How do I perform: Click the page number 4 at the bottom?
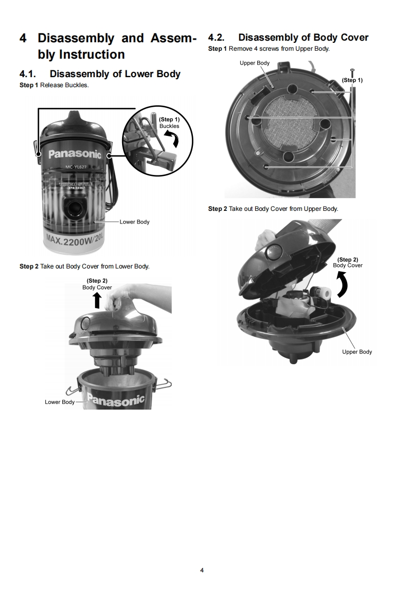point(202,570)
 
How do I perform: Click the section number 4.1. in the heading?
point(27,74)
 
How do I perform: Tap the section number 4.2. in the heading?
point(216,38)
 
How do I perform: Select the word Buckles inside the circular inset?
point(169,126)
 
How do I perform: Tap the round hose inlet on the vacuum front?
point(74,207)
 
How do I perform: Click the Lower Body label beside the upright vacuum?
point(135,222)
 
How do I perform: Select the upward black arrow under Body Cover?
point(98,301)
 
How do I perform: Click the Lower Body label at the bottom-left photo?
point(60,402)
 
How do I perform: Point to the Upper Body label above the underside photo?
point(255,63)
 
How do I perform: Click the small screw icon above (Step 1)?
point(352,72)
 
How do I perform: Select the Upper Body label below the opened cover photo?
point(357,351)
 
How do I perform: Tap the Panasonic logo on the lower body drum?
point(116,400)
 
